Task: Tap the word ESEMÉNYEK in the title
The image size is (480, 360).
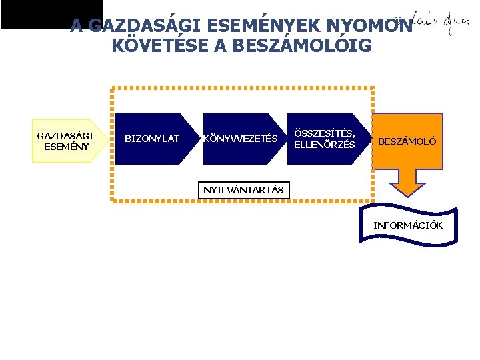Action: (246, 26)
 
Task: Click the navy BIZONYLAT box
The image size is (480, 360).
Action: (153, 139)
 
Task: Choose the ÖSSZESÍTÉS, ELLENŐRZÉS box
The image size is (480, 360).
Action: (325, 139)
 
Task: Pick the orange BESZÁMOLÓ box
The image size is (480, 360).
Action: (407, 141)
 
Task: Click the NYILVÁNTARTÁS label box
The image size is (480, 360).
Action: (243, 190)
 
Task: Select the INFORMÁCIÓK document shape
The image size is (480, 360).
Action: (408, 225)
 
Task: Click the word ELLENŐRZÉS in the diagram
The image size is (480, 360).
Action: (325, 145)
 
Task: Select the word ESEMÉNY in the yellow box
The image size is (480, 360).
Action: (66, 147)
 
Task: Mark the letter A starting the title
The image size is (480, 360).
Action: (77, 26)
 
